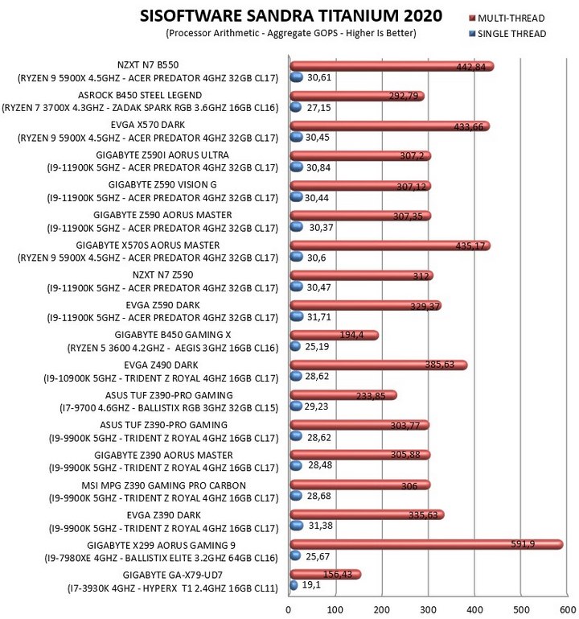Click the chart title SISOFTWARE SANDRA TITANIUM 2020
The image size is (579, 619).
291,16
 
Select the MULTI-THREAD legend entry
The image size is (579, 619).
507,19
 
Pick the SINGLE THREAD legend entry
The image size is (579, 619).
507,34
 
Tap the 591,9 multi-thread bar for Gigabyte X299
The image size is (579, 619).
426,545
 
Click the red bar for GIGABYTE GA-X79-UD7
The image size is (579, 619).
326,575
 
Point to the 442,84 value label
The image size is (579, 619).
471,67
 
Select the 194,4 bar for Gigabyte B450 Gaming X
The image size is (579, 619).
334,335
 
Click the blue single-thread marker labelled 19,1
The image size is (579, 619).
294,585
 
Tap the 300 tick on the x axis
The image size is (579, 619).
428,610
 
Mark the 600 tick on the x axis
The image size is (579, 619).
568,610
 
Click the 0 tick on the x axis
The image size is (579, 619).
289,610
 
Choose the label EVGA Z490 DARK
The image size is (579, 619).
161,365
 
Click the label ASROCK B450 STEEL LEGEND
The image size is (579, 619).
140,95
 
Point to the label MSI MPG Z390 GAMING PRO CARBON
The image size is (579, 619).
164,485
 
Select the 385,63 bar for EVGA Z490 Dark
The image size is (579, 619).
379,365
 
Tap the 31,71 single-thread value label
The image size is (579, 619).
319,317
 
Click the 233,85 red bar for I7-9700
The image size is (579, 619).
343,395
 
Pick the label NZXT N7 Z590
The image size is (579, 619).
163,275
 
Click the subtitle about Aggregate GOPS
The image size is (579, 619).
291,33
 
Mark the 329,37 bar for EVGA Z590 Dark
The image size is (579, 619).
366,306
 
